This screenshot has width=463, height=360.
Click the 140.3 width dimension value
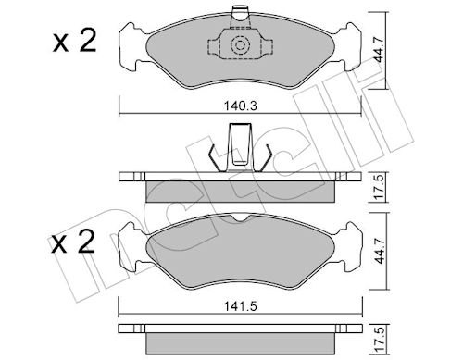[241, 106]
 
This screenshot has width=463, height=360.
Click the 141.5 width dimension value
[241, 306]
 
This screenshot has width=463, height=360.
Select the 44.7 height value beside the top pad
[378, 49]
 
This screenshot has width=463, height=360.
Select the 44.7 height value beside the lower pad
[380, 251]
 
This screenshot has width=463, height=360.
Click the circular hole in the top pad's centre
[240, 45]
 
